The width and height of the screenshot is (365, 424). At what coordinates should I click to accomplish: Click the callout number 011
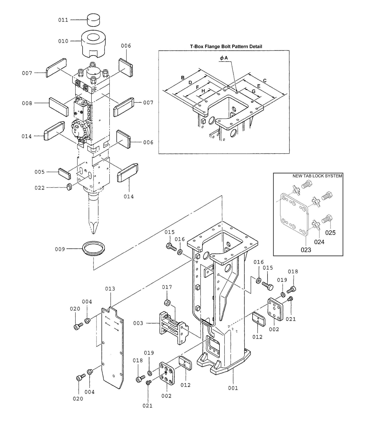click(63, 20)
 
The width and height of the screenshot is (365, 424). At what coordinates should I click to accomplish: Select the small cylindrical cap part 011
click(93, 20)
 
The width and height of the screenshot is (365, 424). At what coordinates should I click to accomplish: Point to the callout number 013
click(110, 289)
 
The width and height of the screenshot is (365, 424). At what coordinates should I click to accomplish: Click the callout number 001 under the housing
click(233, 388)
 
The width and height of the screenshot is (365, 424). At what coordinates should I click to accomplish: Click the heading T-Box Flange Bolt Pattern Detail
click(226, 47)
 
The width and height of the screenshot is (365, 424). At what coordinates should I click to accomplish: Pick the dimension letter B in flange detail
click(183, 78)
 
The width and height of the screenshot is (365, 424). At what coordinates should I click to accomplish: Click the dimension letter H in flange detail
click(203, 91)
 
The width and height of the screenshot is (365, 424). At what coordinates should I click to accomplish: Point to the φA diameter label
click(224, 58)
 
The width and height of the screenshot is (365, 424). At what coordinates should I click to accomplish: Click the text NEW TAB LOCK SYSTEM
click(317, 176)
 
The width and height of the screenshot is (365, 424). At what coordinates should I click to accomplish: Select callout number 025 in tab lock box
click(330, 232)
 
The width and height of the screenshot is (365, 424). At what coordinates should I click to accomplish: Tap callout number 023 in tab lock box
click(306, 250)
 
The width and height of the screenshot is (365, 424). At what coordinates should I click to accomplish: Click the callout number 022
click(40, 188)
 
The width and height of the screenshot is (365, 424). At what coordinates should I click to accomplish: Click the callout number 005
click(40, 172)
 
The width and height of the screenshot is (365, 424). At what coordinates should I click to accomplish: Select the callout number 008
click(27, 103)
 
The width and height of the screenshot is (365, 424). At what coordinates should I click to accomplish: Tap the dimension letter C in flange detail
click(264, 81)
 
